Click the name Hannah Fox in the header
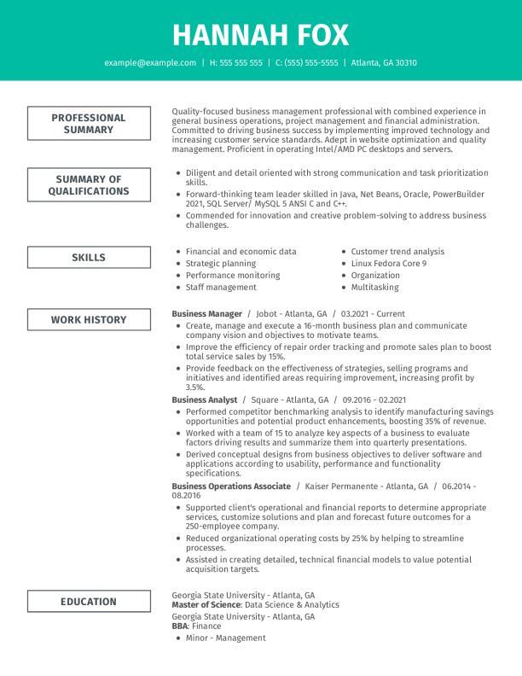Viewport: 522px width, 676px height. click(x=260, y=34)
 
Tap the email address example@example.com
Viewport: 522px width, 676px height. click(x=150, y=63)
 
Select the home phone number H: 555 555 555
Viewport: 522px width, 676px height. click(x=236, y=63)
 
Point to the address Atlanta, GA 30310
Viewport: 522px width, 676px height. click(x=384, y=63)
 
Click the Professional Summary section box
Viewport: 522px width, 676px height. click(x=89, y=124)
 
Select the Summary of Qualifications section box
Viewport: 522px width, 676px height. click(x=89, y=185)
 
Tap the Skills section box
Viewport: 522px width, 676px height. click(x=89, y=258)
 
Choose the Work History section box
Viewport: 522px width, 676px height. click(x=89, y=320)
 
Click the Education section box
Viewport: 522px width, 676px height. click(x=89, y=602)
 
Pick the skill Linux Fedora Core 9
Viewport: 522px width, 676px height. click(x=388, y=264)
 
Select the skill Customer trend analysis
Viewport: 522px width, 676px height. click(x=397, y=252)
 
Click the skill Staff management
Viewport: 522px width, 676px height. click(x=221, y=288)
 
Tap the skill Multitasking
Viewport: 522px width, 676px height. click(x=374, y=288)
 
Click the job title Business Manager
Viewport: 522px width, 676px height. click(x=207, y=314)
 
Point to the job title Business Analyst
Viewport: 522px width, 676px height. click(x=204, y=399)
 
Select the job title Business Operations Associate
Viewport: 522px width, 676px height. click(x=231, y=486)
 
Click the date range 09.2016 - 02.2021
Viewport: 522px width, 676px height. click(x=375, y=399)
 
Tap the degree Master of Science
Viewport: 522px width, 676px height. click(x=206, y=604)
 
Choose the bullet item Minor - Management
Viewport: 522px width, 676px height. click(x=225, y=638)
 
